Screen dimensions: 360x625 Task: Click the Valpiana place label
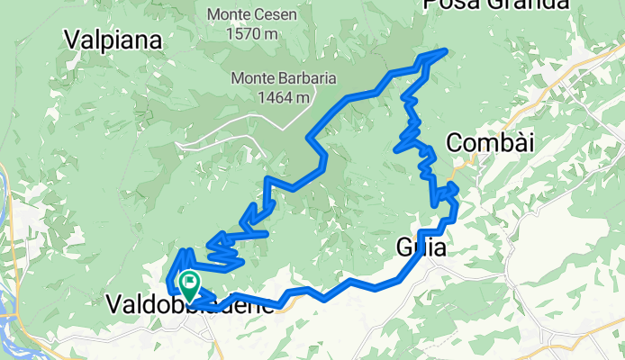tap(113, 40)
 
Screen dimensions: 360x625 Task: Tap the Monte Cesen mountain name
tap(249, 15)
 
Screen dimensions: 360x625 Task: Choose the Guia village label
tap(421, 247)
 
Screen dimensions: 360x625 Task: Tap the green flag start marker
tap(190, 285)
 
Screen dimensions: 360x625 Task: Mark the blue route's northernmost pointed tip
tap(447, 50)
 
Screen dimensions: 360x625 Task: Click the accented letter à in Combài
tap(514, 142)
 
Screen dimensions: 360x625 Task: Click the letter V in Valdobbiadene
tap(113, 305)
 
